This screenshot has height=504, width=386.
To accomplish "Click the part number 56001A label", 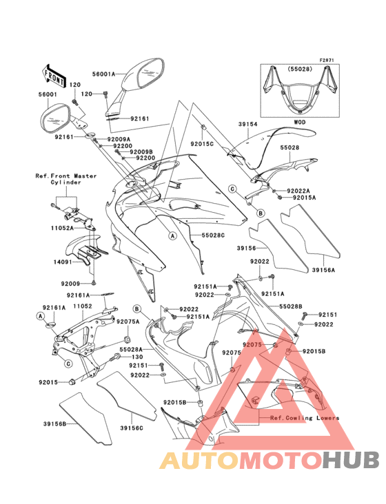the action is (x=103, y=74).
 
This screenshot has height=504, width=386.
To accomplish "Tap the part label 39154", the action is (x=247, y=124).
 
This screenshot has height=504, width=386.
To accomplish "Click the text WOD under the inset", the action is (x=299, y=122).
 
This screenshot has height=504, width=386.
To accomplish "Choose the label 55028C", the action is (x=213, y=235).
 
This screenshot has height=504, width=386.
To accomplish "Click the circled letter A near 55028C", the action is (x=173, y=236).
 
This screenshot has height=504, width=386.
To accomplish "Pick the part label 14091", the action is (x=63, y=262).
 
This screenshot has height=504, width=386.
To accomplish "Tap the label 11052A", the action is (x=63, y=228).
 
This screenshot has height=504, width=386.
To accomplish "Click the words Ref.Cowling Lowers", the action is (x=305, y=418).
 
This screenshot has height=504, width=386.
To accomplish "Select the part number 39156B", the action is (x=54, y=423).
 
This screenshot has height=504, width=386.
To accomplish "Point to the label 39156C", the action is (x=132, y=428).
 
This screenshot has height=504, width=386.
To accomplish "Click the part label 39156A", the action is (x=323, y=270).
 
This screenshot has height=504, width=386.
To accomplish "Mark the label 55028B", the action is (x=290, y=306).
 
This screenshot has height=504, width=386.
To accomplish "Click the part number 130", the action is (x=137, y=357).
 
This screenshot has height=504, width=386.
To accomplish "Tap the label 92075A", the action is (x=128, y=322).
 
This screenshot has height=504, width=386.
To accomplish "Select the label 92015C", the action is (x=202, y=144).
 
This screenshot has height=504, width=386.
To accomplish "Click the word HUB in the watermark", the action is (x=352, y=460).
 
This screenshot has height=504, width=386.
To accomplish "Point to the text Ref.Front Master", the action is (x=66, y=176).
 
